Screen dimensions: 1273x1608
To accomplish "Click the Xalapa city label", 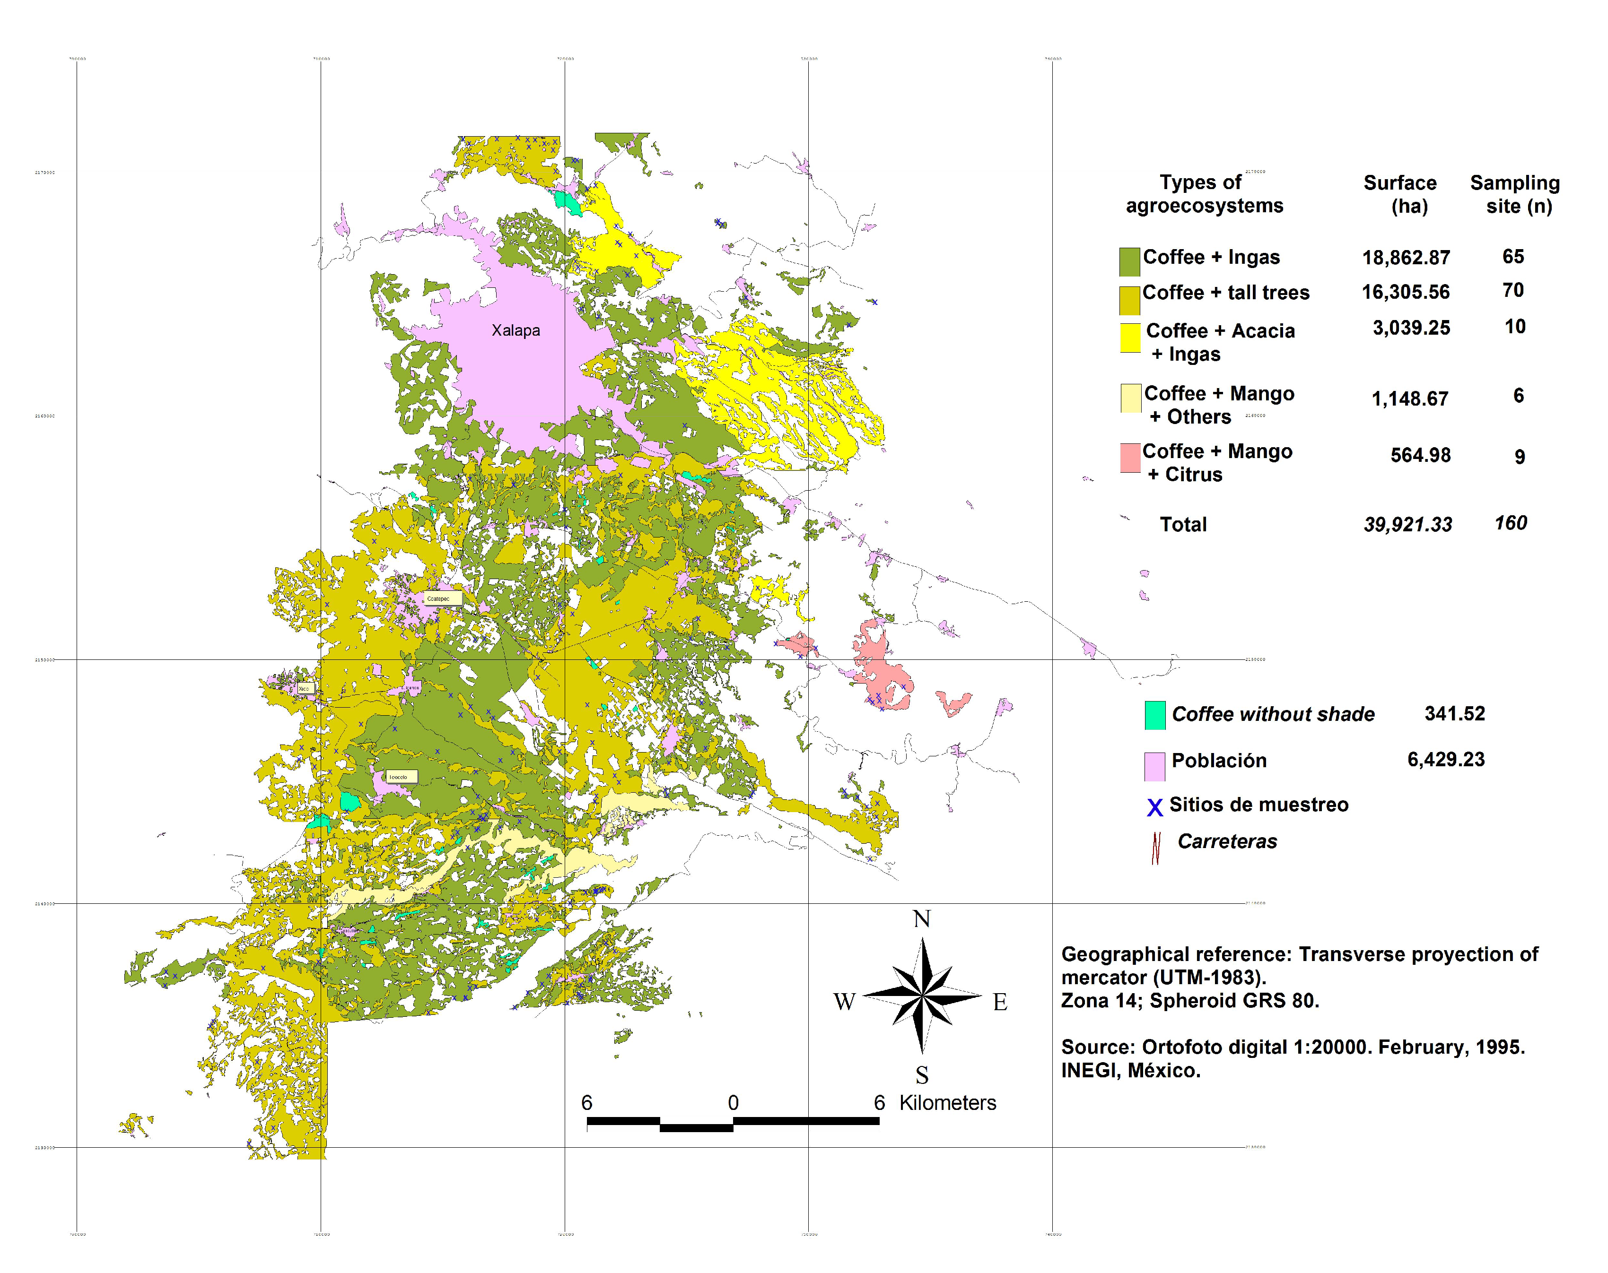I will (515, 330).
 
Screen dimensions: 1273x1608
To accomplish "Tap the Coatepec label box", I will (438, 598).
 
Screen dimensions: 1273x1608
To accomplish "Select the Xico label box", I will (304, 689).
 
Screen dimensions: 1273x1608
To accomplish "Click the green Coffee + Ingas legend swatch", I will (1129, 261).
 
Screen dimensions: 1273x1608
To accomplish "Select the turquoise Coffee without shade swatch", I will (1155, 715).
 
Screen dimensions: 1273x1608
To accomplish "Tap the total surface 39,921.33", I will (1407, 525).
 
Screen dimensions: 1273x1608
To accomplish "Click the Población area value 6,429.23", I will (1445, 760).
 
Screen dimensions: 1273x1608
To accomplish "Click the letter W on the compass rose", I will (844, 1002).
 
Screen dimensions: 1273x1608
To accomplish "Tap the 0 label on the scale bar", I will (733, 1102).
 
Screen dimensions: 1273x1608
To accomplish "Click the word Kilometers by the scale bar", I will (947, 1102).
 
